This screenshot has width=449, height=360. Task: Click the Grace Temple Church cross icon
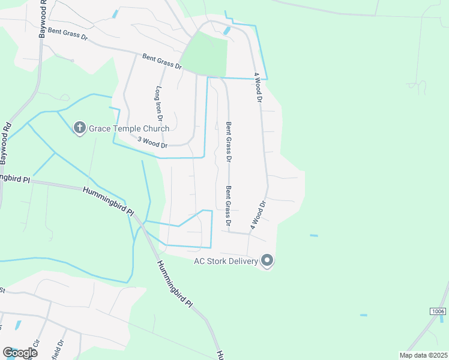[x=80, y=128]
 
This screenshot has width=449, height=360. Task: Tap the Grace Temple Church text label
[x=129, y=128]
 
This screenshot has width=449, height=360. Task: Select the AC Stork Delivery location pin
[x=268, y=261]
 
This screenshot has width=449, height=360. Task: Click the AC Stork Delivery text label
[x=226, y=261]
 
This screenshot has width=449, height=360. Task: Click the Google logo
[x=20, y=353]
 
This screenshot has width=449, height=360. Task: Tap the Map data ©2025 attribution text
[x=423, y=355]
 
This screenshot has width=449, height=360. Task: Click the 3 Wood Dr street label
[x=151, y=142]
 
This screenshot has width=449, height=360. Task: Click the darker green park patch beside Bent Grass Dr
[x=205, y=55]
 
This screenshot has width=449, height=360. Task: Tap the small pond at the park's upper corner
[x=227, y=30]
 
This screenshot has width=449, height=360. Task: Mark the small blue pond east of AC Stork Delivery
[x=313, y=236]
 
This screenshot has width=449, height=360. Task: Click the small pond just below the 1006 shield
[x=363, y=315]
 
